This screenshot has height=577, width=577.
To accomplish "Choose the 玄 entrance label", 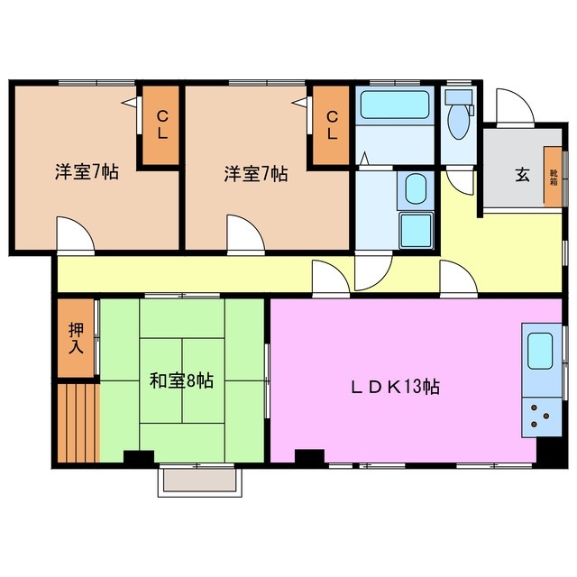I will (522, 176).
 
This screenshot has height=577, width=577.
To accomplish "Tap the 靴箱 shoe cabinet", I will (552, 178).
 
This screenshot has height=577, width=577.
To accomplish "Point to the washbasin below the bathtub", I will (416, 189).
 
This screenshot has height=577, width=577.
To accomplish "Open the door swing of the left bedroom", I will (74, 234).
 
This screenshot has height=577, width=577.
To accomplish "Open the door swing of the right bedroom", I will (243, 234).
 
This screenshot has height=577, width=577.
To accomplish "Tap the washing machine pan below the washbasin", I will (416, 232).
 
